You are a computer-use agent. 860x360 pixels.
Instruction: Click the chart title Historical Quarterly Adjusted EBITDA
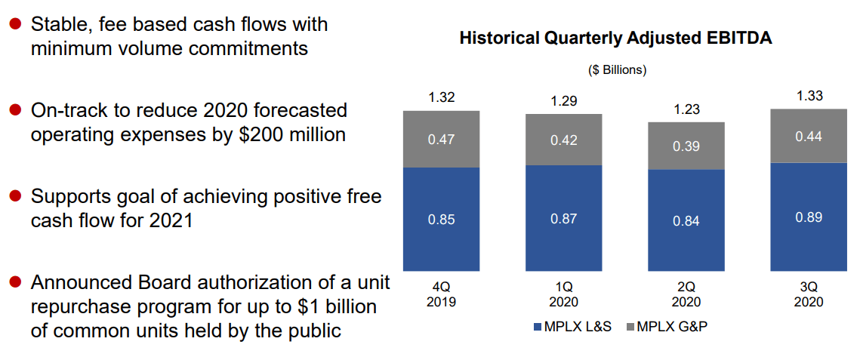615,38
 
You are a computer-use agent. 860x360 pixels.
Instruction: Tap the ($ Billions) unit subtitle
617,70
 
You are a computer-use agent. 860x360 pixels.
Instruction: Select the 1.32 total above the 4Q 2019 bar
442,98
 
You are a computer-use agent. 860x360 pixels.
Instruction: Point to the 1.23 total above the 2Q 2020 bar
686,109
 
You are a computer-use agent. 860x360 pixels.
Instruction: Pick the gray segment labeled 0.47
442,139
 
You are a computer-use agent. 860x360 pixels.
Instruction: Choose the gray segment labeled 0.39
686,146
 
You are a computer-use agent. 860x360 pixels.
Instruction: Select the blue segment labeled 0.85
442,219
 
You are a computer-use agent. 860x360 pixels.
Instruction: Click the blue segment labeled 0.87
564,218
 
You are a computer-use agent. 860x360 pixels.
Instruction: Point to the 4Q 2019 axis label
442,294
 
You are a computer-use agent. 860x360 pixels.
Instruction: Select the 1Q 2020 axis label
564,294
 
